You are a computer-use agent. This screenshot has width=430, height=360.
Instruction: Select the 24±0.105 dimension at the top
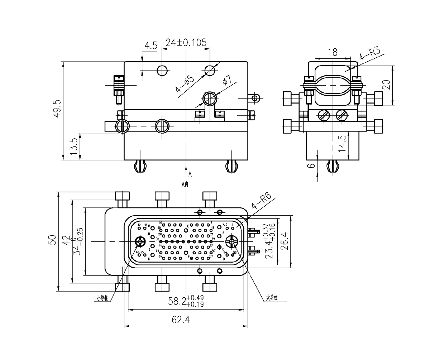click(186, 43)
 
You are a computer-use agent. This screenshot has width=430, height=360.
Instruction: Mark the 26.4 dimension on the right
click(286, 241)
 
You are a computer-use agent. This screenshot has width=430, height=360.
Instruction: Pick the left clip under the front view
click(140, 165)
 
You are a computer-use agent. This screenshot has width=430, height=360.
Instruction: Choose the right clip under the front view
click(231, 165)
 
